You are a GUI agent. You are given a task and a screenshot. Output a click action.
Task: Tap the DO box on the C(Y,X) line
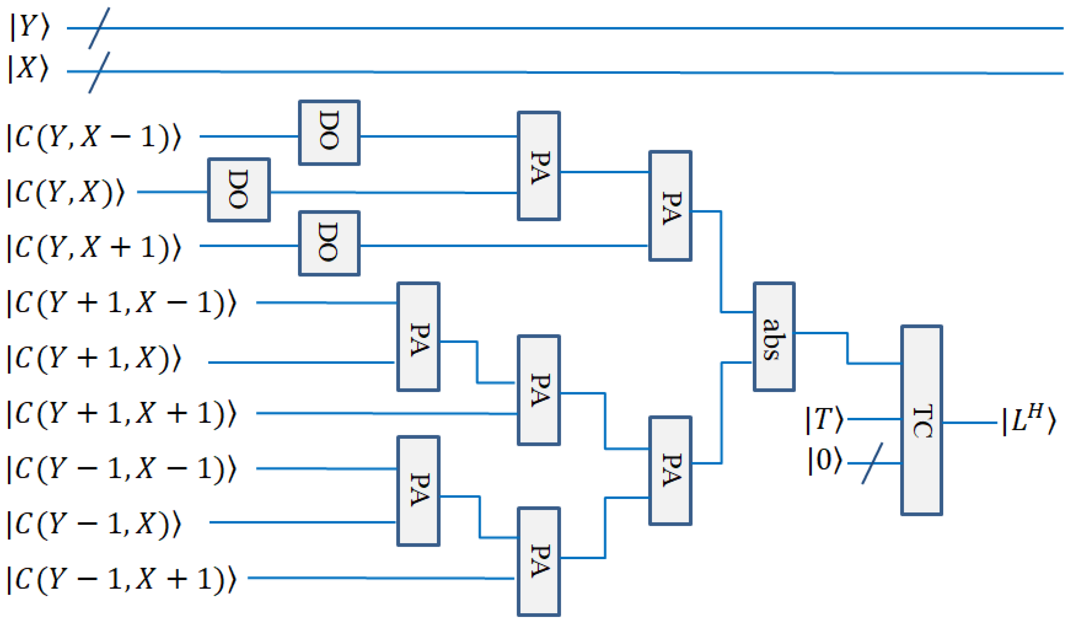coord(239,190)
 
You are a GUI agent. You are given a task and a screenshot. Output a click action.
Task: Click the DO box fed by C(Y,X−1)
coord(329,133)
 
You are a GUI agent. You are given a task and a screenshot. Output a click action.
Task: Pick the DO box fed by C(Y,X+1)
coord(329,243)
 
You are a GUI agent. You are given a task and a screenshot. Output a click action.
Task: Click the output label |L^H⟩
coord(1029,420)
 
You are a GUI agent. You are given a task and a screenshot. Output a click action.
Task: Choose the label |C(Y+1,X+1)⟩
coord(121,413)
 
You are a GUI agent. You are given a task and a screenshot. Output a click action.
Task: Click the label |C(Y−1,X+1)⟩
coord(121,579)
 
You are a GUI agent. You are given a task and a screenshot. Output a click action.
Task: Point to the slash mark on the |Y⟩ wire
coord(99,28)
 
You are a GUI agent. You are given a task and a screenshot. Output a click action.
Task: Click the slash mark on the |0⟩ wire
coord(872,463)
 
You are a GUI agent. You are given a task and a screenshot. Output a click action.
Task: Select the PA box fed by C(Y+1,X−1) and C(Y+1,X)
coord(418,337)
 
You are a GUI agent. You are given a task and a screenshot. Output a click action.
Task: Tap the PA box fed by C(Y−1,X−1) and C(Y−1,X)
coord(418,491)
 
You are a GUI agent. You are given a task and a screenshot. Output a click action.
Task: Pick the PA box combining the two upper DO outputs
coord(538,166)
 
